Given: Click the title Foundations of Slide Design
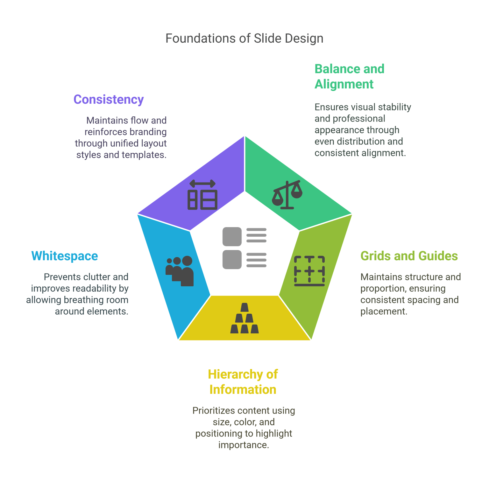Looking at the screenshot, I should coord(244,38).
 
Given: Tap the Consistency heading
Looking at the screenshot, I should coord(109,100).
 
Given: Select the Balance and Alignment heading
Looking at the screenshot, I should coord(349,77).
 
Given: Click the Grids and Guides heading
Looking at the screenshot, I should coord(409,256).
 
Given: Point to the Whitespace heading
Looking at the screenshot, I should coord(65,256).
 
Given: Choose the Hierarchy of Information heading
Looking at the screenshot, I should coord(243,382).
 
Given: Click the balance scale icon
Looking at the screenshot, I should coord(287,194).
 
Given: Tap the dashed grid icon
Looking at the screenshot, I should coord(309,271).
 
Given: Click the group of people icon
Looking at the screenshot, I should coord(180,271).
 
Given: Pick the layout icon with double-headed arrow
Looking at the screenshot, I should coord(202,195).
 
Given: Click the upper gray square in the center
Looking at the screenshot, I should coord(232,237).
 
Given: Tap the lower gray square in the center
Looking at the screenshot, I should coord(232,260).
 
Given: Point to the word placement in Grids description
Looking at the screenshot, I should coord(383,311).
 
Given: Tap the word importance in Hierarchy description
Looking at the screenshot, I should coord(244,445).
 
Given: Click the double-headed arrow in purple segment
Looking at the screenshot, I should coord(202,184).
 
